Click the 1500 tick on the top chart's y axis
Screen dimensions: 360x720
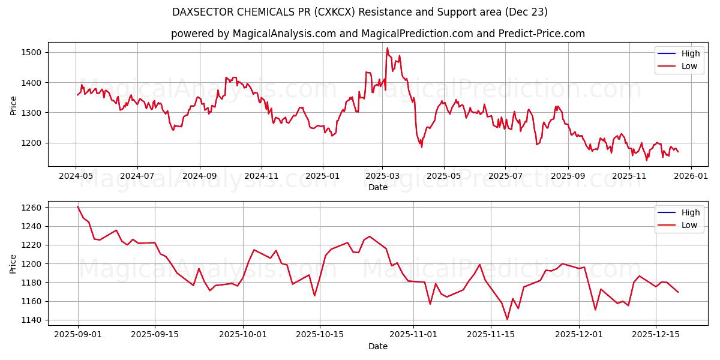[31, 52]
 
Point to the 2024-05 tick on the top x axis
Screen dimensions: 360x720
[76, 176]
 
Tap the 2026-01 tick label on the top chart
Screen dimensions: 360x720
[691, 176]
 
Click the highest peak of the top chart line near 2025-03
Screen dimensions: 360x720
[387, 48]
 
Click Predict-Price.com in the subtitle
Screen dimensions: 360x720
[541, 34]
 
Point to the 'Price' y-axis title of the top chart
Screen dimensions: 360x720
[13, 105]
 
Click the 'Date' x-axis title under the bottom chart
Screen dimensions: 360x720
[377, 346]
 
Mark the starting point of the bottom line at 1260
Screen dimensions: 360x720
[78, 207]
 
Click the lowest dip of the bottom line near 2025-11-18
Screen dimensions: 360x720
[507, 319]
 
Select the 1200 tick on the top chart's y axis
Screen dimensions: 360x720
[31, 143]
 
